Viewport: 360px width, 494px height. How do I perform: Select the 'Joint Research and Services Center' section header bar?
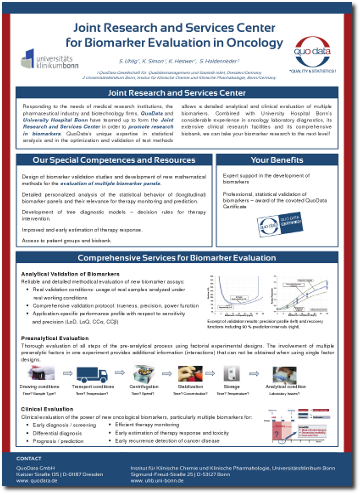[x=180, y=92]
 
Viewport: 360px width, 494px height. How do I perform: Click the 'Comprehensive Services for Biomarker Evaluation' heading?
[x=180, y=257]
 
